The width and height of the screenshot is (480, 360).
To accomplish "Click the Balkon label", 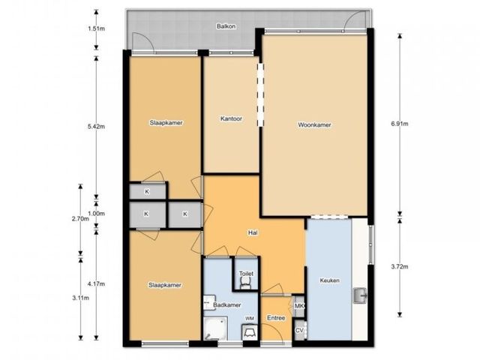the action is [x=226, y=26].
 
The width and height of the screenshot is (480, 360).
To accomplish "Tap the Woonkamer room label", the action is [x=314, y=125].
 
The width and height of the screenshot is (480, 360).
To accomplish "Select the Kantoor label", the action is [x=231, y=118].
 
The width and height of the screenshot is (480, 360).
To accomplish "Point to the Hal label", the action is [x=253, y=233].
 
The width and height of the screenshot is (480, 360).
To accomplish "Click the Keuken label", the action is [x=330, y=280].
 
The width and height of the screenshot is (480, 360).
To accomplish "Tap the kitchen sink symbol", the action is [x=360, y=295].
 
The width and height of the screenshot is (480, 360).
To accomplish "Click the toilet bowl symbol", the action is [x=245, y=285].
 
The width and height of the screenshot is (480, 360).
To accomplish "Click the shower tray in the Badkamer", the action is [x=215, y=328].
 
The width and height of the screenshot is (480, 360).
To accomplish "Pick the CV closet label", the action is [x=299, y=331].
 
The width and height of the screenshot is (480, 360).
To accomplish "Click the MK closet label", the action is [x=298, y=306].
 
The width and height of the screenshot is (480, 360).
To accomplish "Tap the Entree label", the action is [x=276, y=318].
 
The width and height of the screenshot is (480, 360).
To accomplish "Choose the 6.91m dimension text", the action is [x=400, y=124].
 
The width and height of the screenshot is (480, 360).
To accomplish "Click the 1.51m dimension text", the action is [x=97, y=28].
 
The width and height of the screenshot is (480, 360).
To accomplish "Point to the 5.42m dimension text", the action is [x=97, y=127].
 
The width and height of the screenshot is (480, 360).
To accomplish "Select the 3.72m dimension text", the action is [x=400, y=267].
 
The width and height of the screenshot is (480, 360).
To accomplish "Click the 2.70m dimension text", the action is [x=80, y=219].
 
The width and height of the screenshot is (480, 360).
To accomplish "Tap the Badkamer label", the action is [x=227, y=305].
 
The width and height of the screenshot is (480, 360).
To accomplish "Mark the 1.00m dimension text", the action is [x=97, y=214].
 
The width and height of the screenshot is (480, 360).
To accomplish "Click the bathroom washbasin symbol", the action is [x=210, y=302].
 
